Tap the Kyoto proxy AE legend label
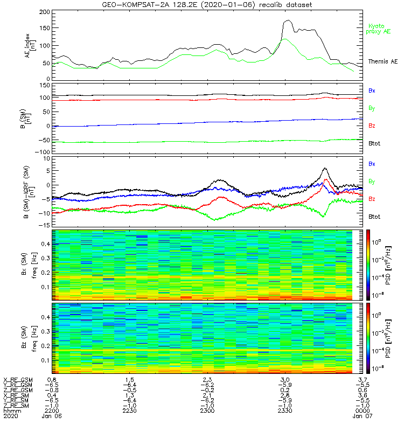tap(379, 29)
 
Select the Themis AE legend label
tap(382, 62)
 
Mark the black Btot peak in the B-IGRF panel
tap(325, 168)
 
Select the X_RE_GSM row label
tap(18, 380)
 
